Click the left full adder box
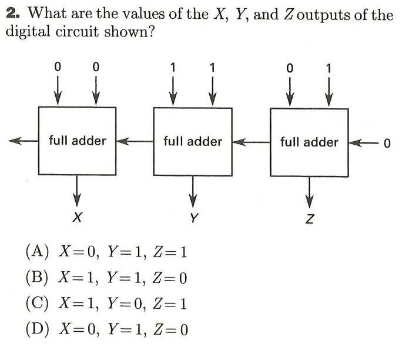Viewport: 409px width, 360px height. pyautogui.click(x=77, y=141)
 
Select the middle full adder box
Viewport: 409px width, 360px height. pyautogui.click(x=192, y=141)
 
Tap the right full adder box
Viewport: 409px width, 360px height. pyautogui.click(x=309, y=141)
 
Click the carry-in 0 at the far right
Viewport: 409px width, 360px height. pyautogui.click(x=387, y=143)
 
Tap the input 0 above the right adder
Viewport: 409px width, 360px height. pyautogui.click(x=289, y=68)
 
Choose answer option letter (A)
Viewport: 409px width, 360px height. pyautogui.click(x=36, y=253)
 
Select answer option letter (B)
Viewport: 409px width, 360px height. pyautogui.click(x=36, y=277)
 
